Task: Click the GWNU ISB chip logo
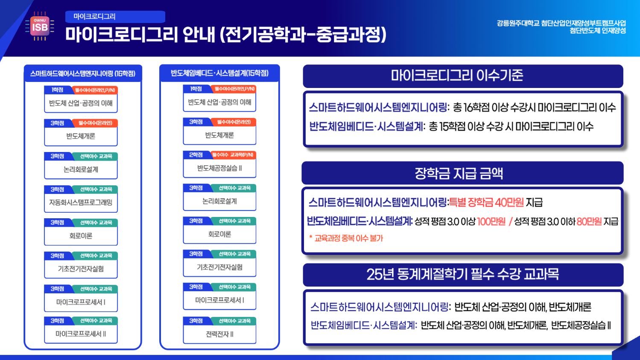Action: point(40,26)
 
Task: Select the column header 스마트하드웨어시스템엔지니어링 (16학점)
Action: point(83,73)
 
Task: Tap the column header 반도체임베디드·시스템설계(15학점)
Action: point(219,73)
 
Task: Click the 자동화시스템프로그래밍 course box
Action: point(81,202)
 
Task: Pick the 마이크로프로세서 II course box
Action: point(81,334)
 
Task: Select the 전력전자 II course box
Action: point(219,334)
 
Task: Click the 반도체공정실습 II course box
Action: point(219,168)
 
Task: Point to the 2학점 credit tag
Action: point(196,155)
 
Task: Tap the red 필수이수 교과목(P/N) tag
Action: point(233,155)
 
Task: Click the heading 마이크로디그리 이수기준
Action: point(457,76)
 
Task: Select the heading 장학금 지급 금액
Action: point(459,173)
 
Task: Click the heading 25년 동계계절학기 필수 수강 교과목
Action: point(462,274)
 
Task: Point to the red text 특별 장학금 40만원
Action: point(486,202)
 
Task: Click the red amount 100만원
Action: point(491,221)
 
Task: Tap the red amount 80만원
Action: point(589,221)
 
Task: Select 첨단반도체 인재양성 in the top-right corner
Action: point(597,31)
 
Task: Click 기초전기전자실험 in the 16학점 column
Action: point(81,269)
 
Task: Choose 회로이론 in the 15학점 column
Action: point(219,234)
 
